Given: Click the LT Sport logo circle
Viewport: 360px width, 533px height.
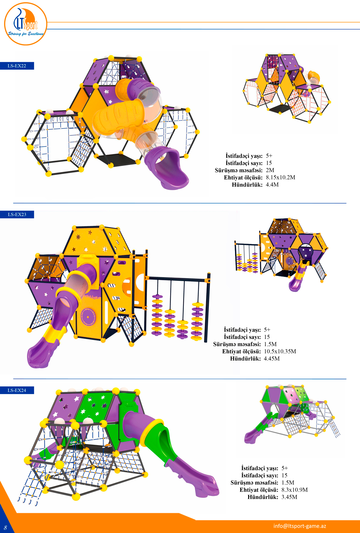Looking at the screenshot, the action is coord(25,24).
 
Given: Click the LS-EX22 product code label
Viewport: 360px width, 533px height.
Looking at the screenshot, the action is coord(17,66).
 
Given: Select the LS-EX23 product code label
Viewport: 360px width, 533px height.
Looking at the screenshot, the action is coord(17,214).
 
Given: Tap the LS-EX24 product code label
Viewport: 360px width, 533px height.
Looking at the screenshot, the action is coord(17,390).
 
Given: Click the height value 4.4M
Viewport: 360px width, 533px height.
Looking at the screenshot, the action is coord(272,185).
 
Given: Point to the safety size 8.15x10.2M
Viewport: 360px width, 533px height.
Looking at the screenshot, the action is coord(280,177).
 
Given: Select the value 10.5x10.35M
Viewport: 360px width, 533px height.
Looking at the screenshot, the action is coord(280,351).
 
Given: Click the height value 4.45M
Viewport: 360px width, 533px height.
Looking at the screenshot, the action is coord(272,358).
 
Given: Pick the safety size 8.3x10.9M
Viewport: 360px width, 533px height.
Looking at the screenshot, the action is coord(295,490).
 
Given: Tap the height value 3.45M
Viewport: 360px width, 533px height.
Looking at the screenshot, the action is coord(289,497).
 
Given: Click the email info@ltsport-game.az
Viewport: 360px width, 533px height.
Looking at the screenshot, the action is coord(300,526).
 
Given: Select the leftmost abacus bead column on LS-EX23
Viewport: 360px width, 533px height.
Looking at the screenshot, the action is coord(157,315).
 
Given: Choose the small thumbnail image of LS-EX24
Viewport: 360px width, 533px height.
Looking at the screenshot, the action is coord(292,414).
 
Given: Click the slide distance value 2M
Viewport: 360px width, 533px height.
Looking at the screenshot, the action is coord(270,170).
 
